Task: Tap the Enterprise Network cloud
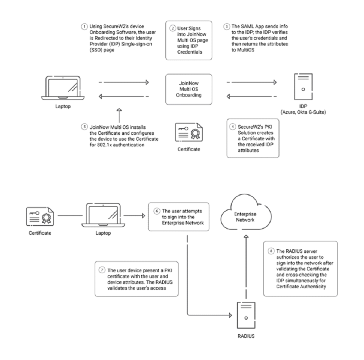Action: pos(245,214)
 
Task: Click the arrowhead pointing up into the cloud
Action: pos(246,237)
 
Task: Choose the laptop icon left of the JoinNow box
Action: pos(64,89)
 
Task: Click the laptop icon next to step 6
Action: pos(100,214)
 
